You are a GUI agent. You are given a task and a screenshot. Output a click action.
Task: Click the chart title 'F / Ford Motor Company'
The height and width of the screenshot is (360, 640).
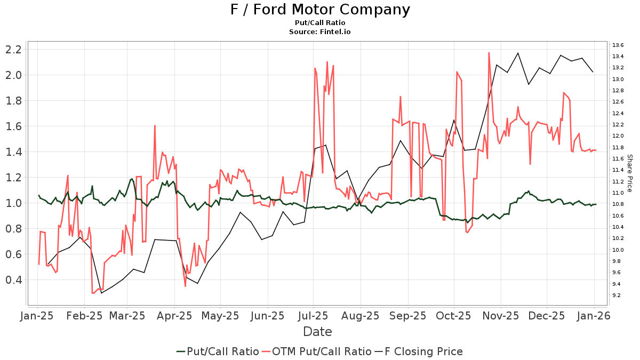tap(320, 10)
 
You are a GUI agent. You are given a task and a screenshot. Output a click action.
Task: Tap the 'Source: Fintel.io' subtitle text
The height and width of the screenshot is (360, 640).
tap(320, 31)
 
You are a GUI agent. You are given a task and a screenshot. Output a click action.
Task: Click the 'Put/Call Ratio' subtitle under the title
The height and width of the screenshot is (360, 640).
tap(320, 22)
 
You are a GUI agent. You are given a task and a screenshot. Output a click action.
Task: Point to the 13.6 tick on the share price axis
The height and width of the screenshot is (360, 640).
tap(618, 45)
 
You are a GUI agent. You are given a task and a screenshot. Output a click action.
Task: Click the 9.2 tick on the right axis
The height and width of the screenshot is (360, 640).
tap(618, 295)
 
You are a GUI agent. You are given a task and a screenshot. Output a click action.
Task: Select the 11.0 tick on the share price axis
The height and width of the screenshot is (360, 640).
tap(618, 193)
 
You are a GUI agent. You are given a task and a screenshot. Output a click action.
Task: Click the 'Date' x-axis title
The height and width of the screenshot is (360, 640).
tap(317, 332)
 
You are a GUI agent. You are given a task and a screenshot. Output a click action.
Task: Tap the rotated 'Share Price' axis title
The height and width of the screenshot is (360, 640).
tap(629, 173)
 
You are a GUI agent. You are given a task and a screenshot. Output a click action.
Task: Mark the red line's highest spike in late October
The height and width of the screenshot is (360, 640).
tap(489, 52)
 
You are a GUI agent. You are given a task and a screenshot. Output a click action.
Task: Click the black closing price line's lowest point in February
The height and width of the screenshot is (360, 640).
tap(101, 293)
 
